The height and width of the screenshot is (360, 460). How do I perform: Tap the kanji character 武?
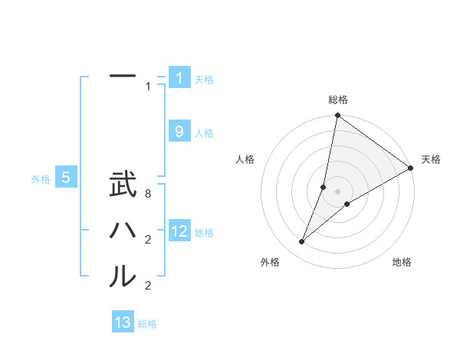(x=123, y=185)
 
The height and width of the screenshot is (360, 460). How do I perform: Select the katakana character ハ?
(x=123, y=231)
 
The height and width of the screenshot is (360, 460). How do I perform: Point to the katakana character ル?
(x=123, y=276)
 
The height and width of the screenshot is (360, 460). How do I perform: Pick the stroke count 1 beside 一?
(x=148, y=87)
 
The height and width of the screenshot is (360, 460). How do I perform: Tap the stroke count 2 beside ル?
(x=148, y=286)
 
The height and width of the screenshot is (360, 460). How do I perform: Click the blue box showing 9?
(x=179, y=132)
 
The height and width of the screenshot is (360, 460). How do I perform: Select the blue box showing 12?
(x=179, y=231)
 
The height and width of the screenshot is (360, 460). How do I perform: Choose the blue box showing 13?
(x=123, y=322)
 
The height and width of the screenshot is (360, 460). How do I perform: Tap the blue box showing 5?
(x=66, y=178)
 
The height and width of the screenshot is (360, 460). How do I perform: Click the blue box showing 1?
(x=179, y=78)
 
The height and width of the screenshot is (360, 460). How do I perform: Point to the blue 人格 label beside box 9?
(x=204, y=133)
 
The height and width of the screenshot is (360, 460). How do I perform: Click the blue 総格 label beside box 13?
(x=147, y=324)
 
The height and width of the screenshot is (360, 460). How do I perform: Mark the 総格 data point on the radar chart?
(x=337, y=116)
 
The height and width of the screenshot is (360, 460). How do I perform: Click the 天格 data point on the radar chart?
(x=410, y=168)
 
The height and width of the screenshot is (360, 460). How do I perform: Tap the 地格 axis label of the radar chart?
(x=402, y=263)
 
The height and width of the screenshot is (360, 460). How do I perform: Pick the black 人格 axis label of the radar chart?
(x=245, y=159)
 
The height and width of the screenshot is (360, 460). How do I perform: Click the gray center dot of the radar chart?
(x=337, y=191)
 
